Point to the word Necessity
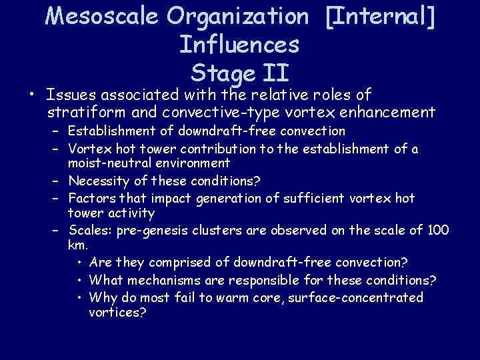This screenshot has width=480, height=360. pyautogui.click(x=98, y=180)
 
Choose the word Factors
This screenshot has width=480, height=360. pyautogui.click(x=92, y=197)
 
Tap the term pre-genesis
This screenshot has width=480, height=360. pyautogui.click(x=151, y=230)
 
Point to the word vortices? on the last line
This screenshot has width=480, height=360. pyautogui.click(x=117, y=312)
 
